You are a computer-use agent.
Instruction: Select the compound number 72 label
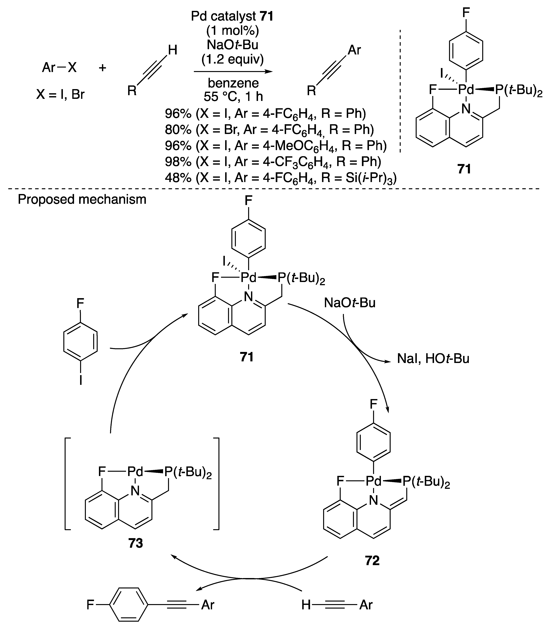(x=372, y=561)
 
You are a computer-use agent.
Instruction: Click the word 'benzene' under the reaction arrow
(x=233, y=83)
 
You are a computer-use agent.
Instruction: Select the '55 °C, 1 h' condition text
(x=233, y=97)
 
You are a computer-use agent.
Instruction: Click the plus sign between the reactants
(x=102, y=67)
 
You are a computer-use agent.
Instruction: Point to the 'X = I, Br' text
(x=60, y=95)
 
